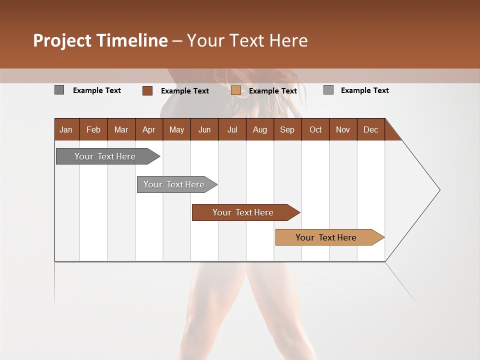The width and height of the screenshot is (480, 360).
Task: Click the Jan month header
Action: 66,129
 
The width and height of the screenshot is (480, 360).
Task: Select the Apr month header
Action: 149,129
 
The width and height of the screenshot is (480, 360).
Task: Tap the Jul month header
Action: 232,129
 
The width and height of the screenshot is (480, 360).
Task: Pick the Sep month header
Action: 287,129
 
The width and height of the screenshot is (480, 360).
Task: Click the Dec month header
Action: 370,129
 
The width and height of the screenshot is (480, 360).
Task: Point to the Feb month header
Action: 93,129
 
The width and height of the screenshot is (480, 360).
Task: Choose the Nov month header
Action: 342,129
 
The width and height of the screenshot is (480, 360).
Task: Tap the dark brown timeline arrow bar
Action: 243,212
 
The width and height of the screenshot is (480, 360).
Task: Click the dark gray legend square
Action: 59,90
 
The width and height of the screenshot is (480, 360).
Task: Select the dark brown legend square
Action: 147,90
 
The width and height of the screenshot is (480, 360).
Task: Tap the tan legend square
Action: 235,90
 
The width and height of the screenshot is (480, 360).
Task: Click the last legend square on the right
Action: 328,90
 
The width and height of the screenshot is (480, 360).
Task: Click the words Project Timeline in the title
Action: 100,40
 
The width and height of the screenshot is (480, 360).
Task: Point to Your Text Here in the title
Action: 247,40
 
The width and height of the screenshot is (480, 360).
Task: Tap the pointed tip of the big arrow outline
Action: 439,190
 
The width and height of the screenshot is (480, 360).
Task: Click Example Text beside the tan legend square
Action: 272,91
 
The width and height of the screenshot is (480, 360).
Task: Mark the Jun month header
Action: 204,129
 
